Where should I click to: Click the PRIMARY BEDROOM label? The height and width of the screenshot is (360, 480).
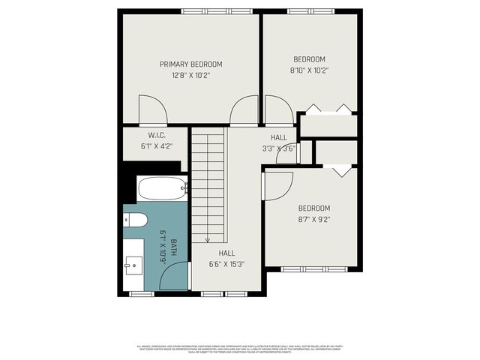[x=190, y=64]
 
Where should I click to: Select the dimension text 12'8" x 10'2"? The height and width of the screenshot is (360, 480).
[x=190, y=75]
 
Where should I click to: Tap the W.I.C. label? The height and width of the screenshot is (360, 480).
[x=156, y=136]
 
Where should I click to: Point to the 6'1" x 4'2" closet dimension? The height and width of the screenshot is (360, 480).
[x=156, y=146]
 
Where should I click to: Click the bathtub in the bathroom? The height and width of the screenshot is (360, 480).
[x=162, y=188]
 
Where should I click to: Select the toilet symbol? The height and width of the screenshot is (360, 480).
[x=136, y=220]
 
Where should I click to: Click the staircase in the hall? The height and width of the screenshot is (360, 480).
[x=208, y=184]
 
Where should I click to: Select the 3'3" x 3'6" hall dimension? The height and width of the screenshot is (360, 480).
[x=279, y=148]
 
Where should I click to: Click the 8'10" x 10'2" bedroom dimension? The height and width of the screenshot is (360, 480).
[x=309, y=70]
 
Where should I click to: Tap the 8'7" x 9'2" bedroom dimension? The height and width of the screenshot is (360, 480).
[x=314, y=219]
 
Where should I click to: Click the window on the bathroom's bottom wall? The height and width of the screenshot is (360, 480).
[x=142, y=294]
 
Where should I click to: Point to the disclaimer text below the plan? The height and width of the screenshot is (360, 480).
[x=240, y=349]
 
